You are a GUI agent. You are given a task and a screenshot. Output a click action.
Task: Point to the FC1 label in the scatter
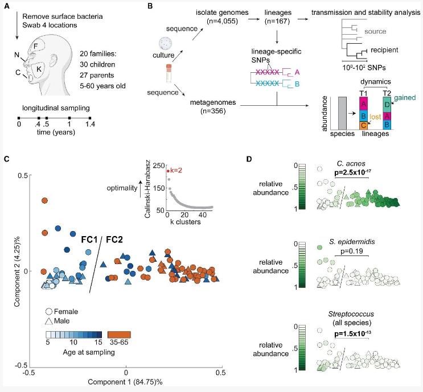click(x=86, y=234)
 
